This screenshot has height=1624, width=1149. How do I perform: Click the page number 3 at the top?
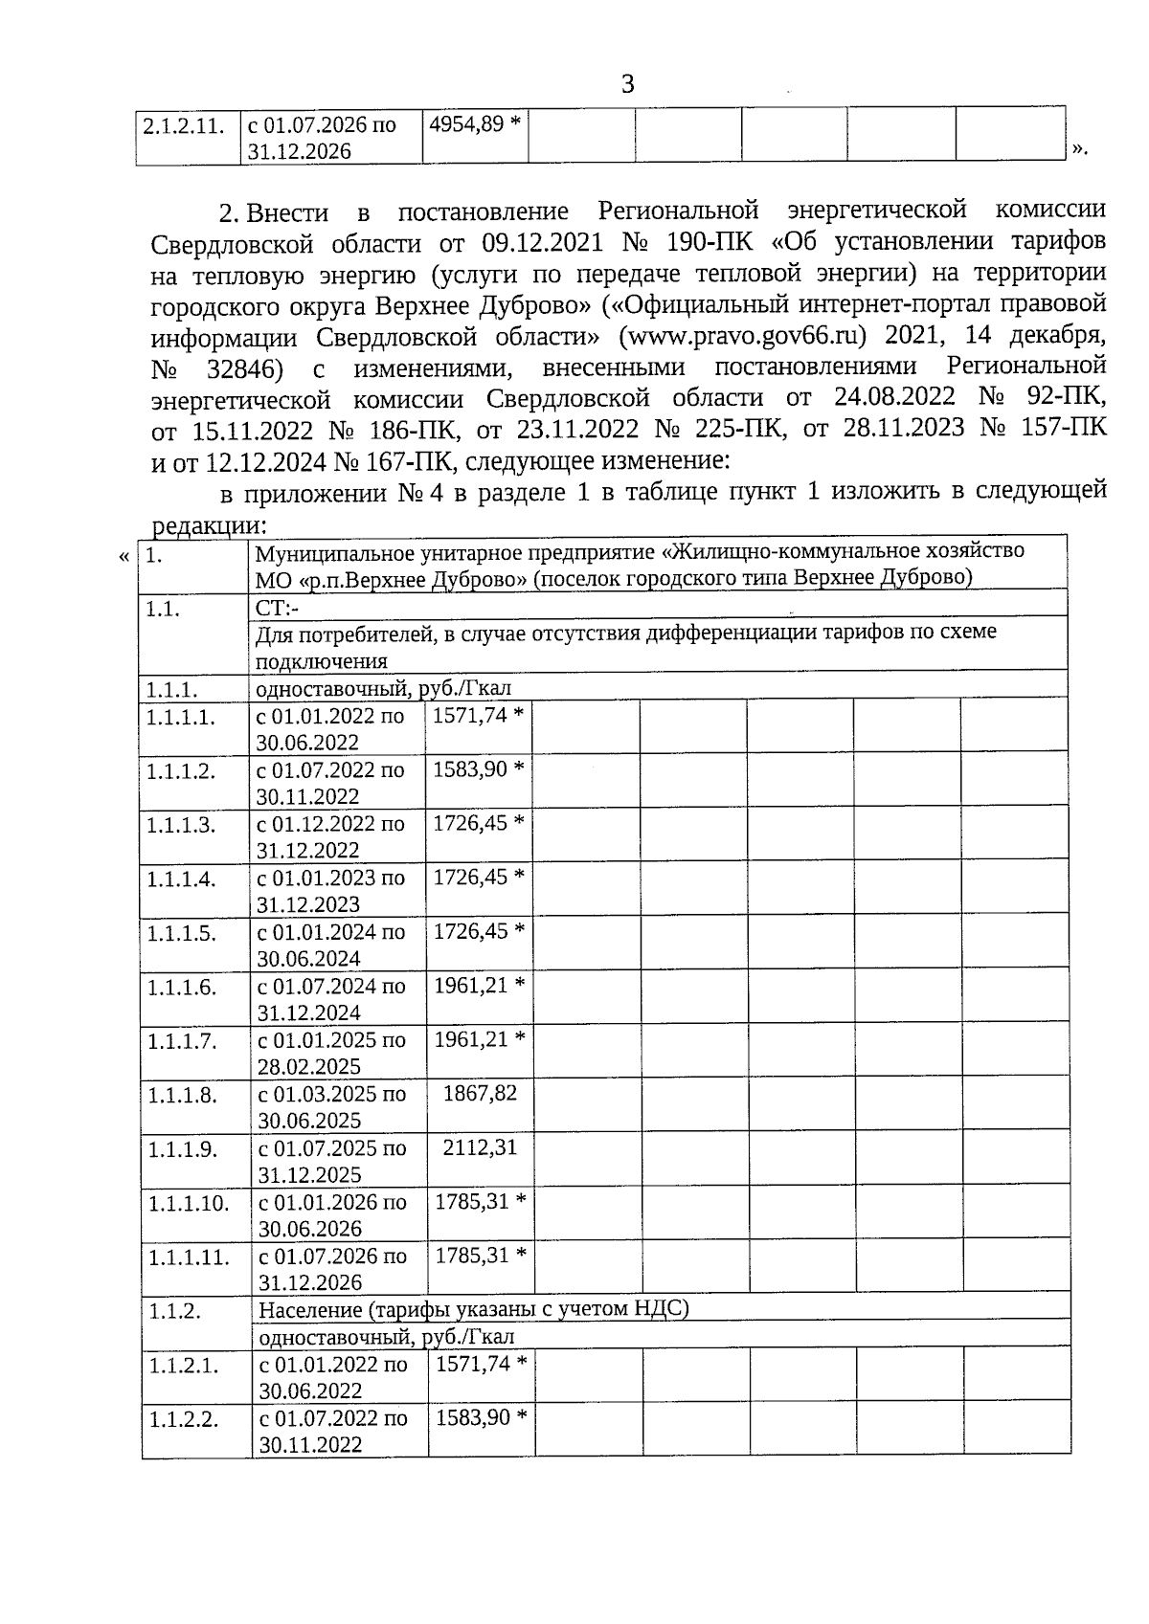pos(628,85)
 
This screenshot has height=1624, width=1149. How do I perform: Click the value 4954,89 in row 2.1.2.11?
pos(465,124)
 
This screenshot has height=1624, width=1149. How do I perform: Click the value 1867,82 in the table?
pos(480,1093)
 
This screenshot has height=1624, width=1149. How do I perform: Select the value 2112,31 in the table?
pos(480,1146)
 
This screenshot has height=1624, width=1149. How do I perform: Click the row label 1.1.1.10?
pos(189,1203)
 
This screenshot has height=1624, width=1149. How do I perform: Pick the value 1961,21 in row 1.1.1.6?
pos(470,985)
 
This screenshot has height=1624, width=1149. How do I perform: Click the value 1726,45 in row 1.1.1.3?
pos(470,823)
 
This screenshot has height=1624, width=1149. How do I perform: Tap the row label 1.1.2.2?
pos(183,1419)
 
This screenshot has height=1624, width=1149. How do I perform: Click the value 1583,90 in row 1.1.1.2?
pos(470,769)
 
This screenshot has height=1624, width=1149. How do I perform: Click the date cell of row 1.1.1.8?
pos(331,1106)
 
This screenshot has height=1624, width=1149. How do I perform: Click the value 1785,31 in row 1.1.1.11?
pos(472,1255)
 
